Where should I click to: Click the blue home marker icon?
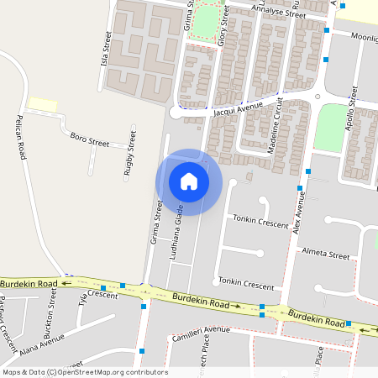pos(188,181)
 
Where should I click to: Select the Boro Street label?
pos(90,139)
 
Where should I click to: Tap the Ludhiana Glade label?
pos(178,236)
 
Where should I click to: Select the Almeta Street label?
pos(326,255)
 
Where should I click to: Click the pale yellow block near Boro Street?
pos(42,103)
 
